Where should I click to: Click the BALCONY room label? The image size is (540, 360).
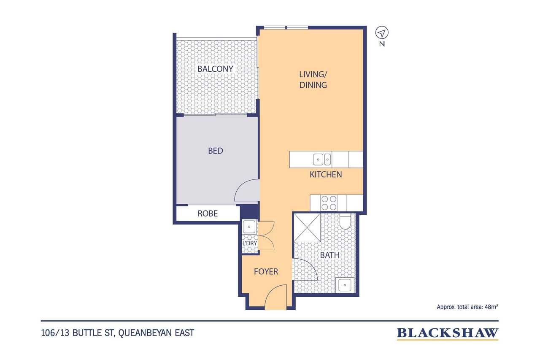pyautogui.click(x=215, y=69)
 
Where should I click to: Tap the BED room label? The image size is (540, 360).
pyautogui.click(x=216, y=151)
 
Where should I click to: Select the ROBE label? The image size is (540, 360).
pyautogui.click(x=208, y=214)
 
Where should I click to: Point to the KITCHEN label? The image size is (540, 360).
pyautogui.click(x=326, y=175)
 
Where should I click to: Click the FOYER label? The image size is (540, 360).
pyautogui.click(x=266, y=272)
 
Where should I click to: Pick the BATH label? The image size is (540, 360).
pyautogui.click(x=330, y=255)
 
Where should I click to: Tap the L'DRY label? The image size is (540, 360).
pyautogui.click(x=250, y=243)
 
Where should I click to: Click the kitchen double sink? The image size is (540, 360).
pyautogui.click(x=322, y=160)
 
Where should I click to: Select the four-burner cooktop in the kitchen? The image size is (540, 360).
pyautogui.click(x=329, y=203)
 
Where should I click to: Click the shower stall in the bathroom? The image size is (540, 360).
pyautogui.click(x=307, y=227)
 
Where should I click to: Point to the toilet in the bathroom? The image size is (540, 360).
pyautogui.click(x=345, y=221)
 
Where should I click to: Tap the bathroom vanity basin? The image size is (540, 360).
pyautogui.click(x=345, y=285)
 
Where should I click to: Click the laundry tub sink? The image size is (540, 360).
pyautogui.click(x=249, y=227)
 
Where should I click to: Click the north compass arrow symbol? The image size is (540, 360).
pyautogui.click(x=382, y=33)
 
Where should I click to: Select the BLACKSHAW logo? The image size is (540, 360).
pyautogui.click(x=448, y=333)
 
